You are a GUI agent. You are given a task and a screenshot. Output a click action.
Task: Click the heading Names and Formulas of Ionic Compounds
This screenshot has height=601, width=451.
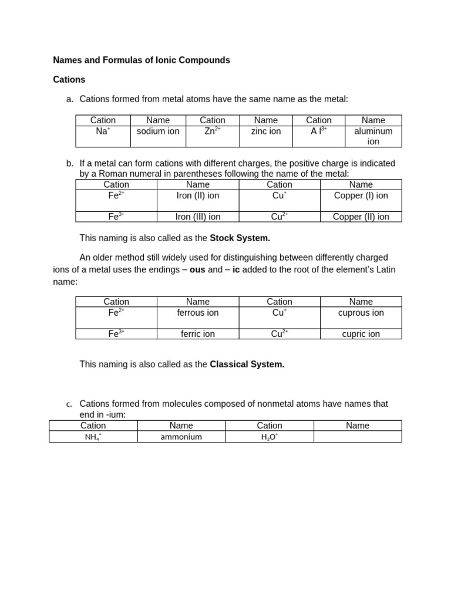pos(142,60)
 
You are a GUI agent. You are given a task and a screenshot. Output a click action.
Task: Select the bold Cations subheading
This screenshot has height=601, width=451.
pos(69,79)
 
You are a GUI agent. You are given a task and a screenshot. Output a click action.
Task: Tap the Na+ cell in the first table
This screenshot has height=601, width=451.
pos(103,131)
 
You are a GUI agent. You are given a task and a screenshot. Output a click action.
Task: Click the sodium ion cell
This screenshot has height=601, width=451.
pos(158,131)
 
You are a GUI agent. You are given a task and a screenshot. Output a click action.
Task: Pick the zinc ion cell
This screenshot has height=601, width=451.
pos(266,131)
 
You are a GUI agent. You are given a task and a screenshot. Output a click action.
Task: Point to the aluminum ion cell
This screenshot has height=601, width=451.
pos(373,136)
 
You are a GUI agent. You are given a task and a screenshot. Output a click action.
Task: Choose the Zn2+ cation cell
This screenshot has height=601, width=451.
pos(212,131)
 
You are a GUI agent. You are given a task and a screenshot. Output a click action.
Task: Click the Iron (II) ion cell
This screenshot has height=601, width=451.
pos(198,195)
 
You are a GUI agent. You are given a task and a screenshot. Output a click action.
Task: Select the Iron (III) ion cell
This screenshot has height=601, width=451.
pos(198,217)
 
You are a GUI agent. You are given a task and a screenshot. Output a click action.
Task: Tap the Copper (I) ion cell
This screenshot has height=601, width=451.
pos(361,195)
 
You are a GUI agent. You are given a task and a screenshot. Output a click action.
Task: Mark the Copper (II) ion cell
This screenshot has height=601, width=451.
pos(361,217)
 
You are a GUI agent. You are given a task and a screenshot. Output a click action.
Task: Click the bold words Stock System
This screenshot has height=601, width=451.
pos(240,238)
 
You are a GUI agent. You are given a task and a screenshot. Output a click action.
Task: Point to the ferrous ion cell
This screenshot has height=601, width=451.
pos(198,313)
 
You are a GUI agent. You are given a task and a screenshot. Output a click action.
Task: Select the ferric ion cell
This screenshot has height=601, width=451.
pos(198,334)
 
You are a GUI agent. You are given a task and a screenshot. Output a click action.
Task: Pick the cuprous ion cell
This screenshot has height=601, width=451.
pos(361,313)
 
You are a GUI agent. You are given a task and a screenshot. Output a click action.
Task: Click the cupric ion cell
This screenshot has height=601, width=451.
pos(361,334)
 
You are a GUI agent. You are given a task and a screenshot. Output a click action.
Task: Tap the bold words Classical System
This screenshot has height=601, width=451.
pos(247,364)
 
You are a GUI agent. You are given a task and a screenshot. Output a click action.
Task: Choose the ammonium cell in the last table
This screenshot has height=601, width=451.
pos(181,437)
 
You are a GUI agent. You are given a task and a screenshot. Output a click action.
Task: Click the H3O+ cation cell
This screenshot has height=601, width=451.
pos(270,437)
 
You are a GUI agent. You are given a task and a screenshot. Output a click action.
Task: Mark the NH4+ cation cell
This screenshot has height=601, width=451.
pos(93,437)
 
